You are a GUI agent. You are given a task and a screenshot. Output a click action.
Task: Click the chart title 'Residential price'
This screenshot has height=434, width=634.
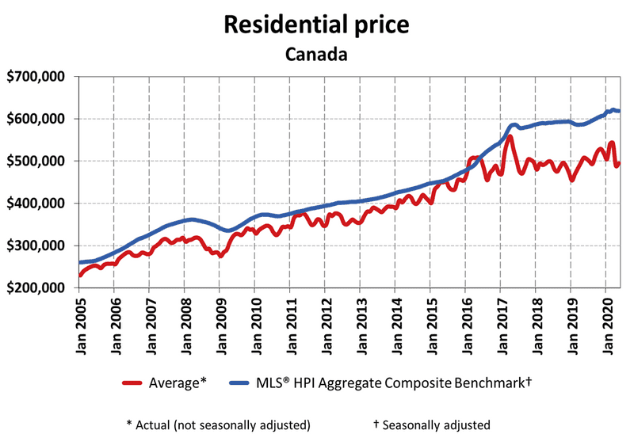point(316,25)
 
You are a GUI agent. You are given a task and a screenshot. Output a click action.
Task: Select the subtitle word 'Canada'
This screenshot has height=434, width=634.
point(316,55)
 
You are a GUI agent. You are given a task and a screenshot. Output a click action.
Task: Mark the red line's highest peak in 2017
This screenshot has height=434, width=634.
point(510,138)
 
